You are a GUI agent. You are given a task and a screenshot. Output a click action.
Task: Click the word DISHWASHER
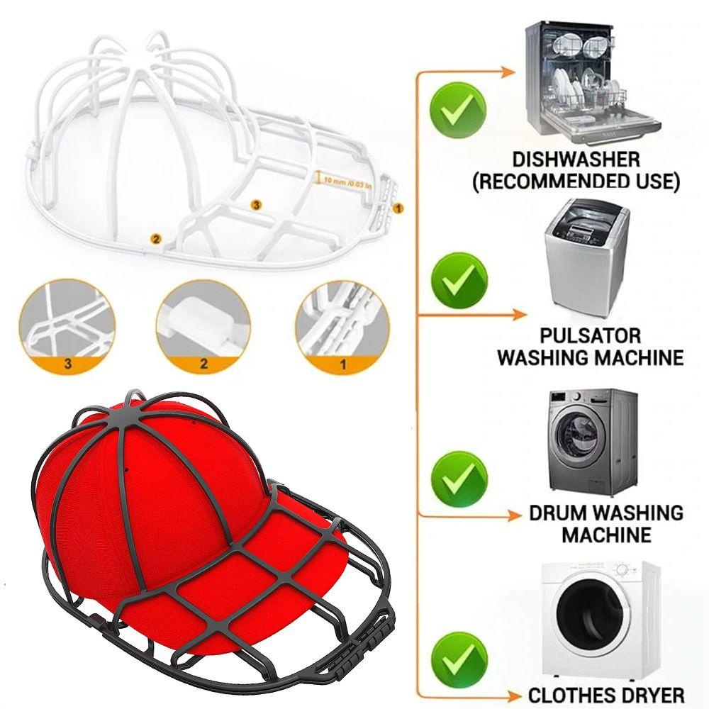(575, 159)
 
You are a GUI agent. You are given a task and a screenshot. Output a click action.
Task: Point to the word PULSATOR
(591, 335)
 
